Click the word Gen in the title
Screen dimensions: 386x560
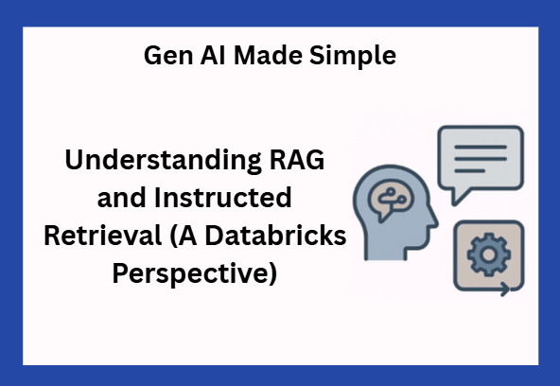pos(166,56)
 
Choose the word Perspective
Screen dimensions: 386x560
pos(189,275)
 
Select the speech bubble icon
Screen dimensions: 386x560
pos(480,158)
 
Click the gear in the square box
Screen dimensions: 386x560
pos(489,253)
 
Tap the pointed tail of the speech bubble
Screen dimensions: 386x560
pos(454,199)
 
